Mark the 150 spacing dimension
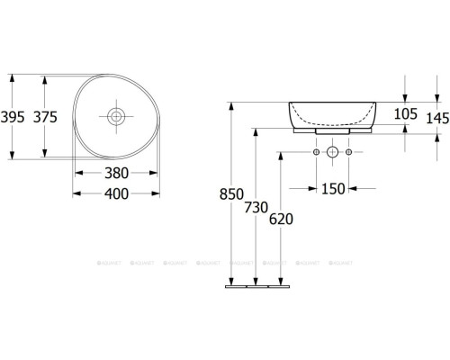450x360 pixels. (332, 188)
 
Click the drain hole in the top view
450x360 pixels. (116, 115)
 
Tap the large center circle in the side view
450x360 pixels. (332, 153)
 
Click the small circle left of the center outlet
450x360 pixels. (316, 153)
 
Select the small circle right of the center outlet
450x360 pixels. (349, 153)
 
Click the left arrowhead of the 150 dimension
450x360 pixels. (313, 188)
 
